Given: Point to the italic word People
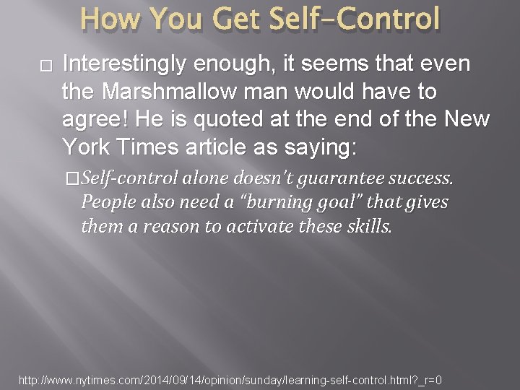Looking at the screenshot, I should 105,203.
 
